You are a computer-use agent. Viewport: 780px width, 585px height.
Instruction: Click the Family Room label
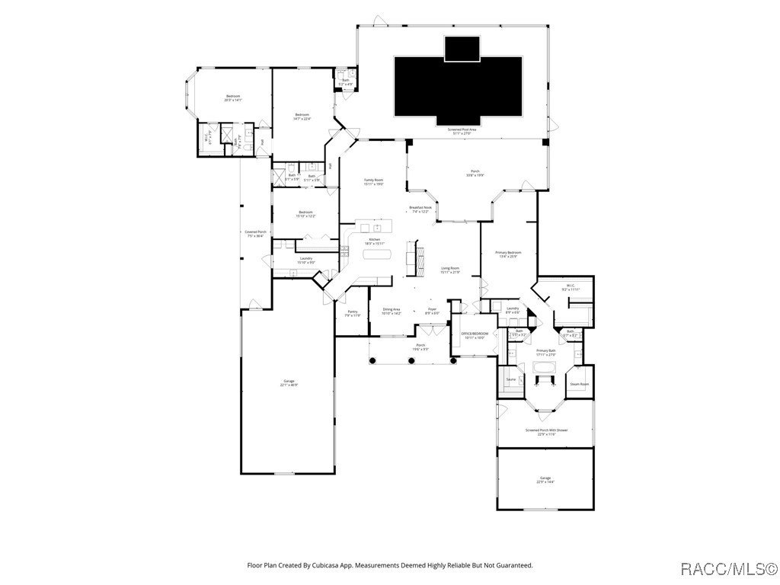tap(373, 180)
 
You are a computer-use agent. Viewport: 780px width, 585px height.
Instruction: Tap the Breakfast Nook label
tap(420, 207)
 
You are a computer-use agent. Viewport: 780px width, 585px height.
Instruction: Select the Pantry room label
tap(353, 312)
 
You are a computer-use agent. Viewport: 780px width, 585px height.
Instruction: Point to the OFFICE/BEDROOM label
tap(475, 334)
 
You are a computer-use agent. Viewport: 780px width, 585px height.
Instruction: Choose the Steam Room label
tap(580, 384)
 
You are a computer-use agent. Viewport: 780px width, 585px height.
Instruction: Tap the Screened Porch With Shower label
tap(545, 430)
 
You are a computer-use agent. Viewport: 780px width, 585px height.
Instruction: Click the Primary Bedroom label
tap(508, 252)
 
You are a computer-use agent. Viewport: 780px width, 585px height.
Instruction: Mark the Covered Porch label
tap(255, 232)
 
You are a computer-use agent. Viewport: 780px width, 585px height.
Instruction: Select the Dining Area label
tap(392, 309)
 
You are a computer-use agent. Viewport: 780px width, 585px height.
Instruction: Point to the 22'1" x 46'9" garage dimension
tap(289, 385)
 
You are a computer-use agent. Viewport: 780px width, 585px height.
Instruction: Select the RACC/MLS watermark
tap(727, 568)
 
